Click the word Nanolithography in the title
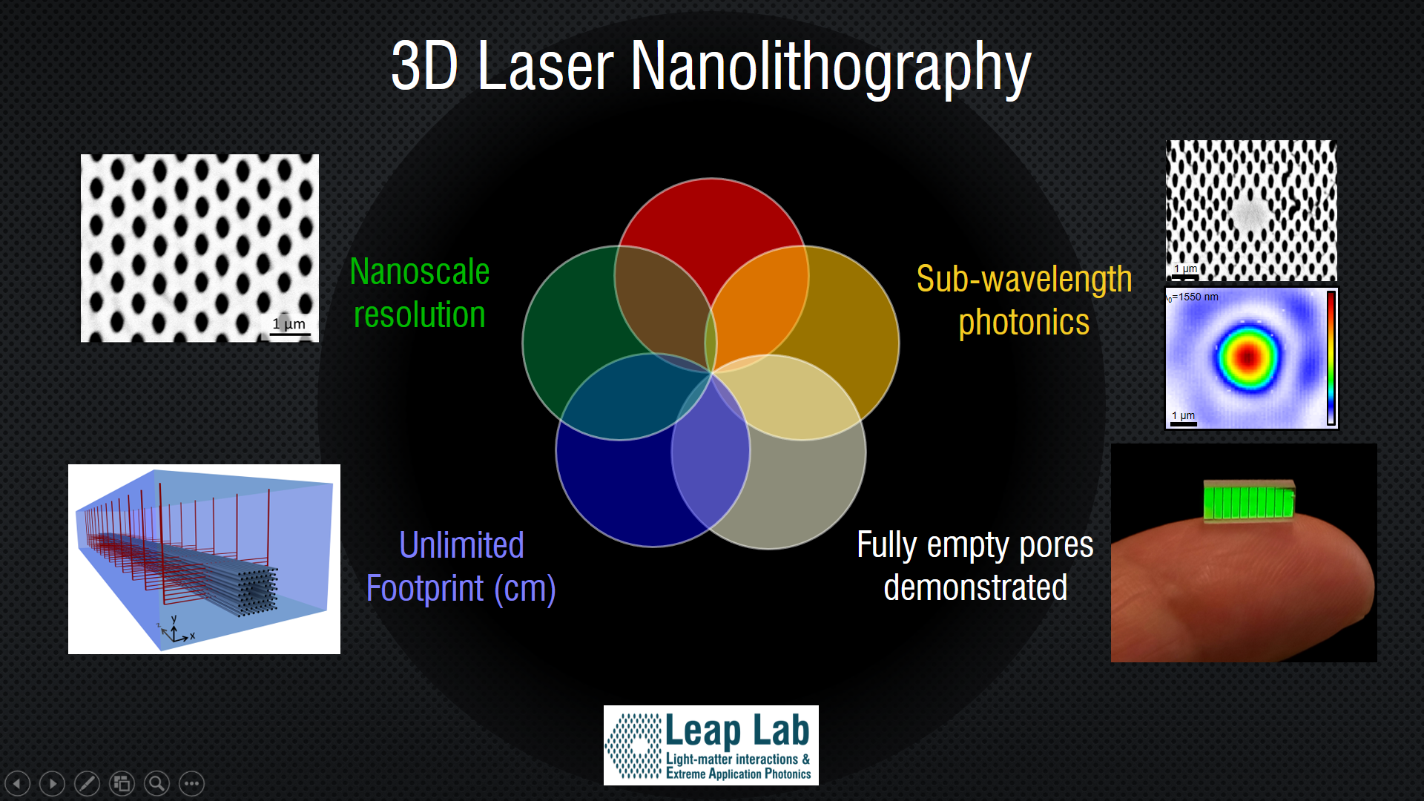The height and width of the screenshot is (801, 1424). click(831, 68)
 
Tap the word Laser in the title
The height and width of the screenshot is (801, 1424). click(545, 68)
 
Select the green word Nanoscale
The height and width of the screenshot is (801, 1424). click(419, 272)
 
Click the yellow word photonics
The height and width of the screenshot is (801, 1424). click(1023, 323)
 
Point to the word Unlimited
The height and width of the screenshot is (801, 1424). click(461, 545)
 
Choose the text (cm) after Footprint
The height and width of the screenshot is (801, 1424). click(525, 589)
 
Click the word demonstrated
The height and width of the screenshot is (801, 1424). click(975, 588)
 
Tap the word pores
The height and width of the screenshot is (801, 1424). click(1056, 545)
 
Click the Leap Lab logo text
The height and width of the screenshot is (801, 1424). click(736, 731)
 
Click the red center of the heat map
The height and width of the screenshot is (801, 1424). click(1248, 357)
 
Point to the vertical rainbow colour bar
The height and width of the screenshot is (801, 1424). click(1331, 357)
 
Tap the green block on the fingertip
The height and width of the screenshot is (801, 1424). click(1249, 501)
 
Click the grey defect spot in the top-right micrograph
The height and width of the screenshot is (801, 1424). click(1251, 213)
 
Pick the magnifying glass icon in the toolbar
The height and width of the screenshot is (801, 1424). click(156, 783)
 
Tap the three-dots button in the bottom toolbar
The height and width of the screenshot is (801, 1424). click(191, 783)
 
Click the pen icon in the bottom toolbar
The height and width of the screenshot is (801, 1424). click(87, 783)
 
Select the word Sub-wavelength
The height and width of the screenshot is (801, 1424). click(1023, 280)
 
